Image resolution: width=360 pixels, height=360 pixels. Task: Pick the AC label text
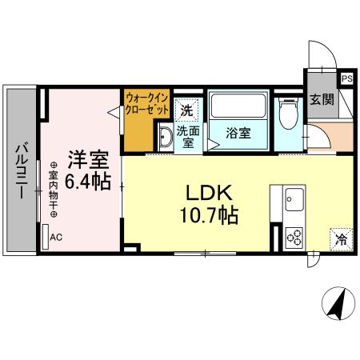[x=57, y=238]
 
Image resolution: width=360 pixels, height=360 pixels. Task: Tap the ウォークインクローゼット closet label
[x=147, y=104]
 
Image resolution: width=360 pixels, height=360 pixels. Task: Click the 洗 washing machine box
[x=186, y=110]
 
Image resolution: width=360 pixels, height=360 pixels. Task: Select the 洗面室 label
[x=187, y=135]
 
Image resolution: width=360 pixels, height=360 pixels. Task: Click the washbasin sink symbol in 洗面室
[x=165, y=138]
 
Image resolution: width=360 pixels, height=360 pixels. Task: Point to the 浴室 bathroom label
[x=238, y=133]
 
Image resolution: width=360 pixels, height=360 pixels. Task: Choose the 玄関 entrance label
[x=322, y=101]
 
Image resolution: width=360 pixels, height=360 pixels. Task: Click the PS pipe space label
[x=347, y=78]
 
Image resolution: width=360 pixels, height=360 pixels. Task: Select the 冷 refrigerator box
[x=342, y=238]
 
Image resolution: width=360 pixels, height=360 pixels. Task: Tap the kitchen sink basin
[x=294, y=196]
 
